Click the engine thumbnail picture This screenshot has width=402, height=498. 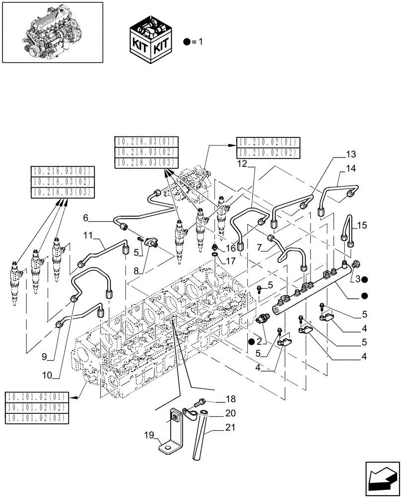52,32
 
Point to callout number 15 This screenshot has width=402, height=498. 361,226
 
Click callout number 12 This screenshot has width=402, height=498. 242,164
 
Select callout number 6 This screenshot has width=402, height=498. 86,218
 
